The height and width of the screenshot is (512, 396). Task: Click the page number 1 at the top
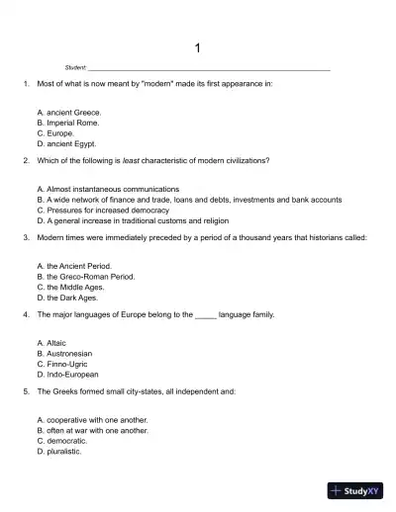(198, 47)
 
